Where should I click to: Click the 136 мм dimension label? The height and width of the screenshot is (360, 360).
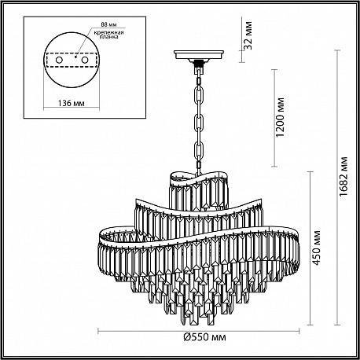71,103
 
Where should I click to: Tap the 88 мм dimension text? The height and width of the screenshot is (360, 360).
108,24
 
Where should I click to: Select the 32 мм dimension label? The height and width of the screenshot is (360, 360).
248,35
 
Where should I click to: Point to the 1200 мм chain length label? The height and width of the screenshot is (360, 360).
280,117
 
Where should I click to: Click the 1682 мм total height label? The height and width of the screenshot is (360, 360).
343,176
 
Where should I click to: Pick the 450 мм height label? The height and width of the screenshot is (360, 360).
317,248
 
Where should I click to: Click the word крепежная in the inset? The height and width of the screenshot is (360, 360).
109,32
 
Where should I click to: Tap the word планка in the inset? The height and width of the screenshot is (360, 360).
108,37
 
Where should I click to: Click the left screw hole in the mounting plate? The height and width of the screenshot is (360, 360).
59,60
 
